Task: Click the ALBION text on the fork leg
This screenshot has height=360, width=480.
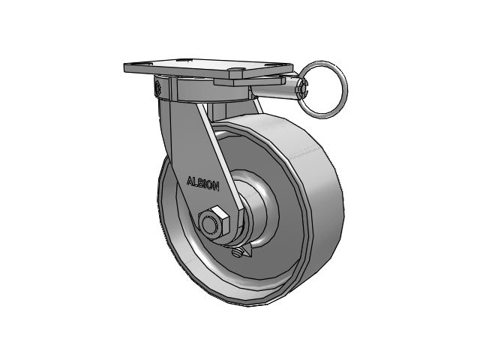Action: (x=203, y=184)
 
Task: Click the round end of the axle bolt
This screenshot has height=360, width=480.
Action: (x=209, y=225)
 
